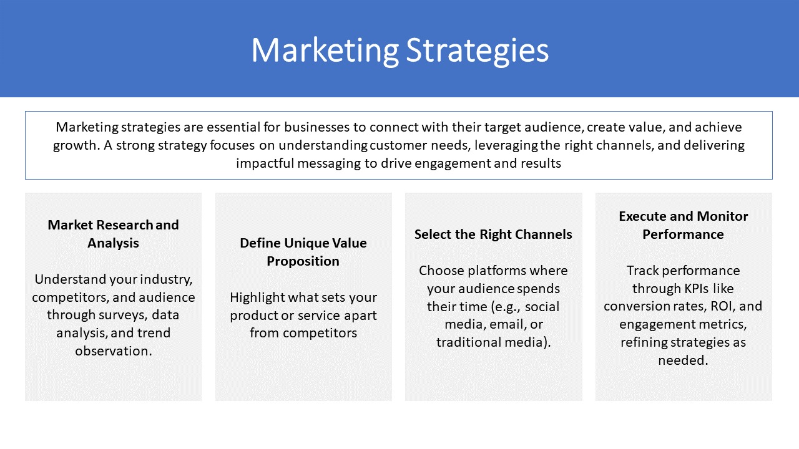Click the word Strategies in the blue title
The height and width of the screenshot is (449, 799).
tap(478, 51)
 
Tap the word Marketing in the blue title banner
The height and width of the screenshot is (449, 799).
tap(325, 51)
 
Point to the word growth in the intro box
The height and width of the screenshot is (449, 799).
tap(74, 146)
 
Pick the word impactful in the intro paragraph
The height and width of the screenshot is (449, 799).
tap(265, 163)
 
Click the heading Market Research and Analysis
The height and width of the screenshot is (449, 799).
tap(113, 234)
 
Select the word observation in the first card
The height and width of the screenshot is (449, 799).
tap(114, 351)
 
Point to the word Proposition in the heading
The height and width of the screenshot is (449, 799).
tap(303, 262)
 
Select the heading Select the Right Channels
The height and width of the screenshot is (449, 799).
tap(493, 234)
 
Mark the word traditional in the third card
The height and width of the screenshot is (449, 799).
tap(468, 342)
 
